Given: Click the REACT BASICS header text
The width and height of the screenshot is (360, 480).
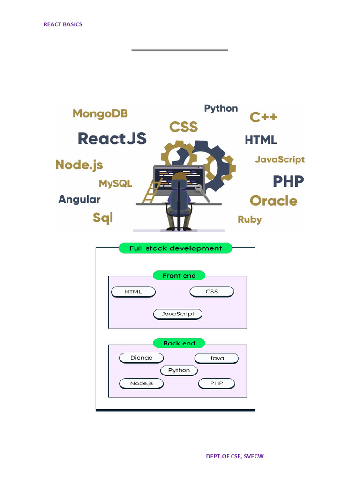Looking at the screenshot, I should coord(63,24).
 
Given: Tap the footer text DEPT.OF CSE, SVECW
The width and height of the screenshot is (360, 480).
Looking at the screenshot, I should coord(235,456).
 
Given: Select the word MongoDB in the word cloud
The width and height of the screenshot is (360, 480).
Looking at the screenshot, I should coord(100,113).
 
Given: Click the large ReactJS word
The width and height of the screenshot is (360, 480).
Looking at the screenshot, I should coord(112,138).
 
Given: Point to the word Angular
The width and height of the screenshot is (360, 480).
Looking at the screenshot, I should coord(79,199).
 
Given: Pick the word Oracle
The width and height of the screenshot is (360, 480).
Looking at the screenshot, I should coord(273,201).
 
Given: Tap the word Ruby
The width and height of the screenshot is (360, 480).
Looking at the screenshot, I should coord(249,219).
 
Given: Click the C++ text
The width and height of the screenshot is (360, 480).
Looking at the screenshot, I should coord(263,117).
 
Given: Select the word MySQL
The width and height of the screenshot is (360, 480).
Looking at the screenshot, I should coord(115,183).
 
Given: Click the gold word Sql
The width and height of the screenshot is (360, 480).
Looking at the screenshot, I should coord(103,217).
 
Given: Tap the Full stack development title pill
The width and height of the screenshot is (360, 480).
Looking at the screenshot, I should coord(175,248).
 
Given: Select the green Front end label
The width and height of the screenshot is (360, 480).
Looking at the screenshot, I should coord(179,276).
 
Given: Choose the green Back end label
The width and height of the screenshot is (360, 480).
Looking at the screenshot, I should coord(179,343).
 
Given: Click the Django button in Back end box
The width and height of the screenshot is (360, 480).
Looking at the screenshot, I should coord(141,358).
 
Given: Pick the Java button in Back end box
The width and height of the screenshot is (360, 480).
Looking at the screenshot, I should coord(217,358).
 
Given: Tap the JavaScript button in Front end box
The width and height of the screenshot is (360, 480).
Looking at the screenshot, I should coord(178,314).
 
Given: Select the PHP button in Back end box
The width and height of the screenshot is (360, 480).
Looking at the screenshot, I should coord(217,383).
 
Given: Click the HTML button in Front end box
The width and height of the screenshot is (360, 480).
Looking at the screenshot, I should coord(133,292).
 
